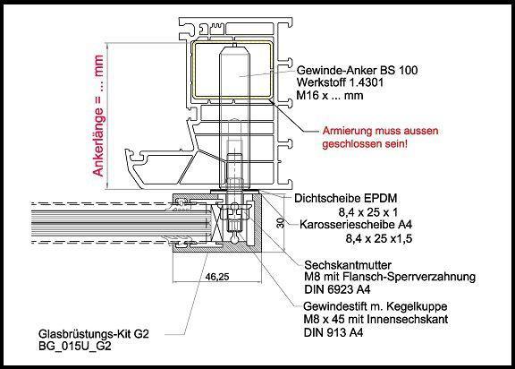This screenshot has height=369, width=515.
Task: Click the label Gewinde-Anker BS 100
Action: [x=357, y=70]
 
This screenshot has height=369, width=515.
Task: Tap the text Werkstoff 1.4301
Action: [x=340, y=82]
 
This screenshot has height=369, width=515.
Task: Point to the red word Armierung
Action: [x=349, y=132]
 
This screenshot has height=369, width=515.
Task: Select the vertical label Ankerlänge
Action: [x=98, y=143]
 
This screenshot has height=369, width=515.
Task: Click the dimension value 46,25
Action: [x=217, y=277]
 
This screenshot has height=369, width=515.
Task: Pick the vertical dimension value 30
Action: [x=280, y=223]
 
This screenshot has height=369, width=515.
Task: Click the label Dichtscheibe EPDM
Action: [x=346, y=198]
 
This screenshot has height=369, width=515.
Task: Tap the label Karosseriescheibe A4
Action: [x=356, y=225]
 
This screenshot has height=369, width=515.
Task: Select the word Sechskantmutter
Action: [x=348, y=265]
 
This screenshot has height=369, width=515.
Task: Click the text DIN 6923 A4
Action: [x=337, y=290]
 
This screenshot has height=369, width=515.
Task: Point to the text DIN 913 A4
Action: [x=333, y=333]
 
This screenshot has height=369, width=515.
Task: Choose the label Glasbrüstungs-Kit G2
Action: [x=94, y=334]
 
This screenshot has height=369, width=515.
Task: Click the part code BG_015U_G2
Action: [x=74, y=347]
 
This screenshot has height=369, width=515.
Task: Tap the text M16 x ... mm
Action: [x=330, y=96]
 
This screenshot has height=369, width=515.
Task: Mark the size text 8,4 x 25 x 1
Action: [x=368, y=213]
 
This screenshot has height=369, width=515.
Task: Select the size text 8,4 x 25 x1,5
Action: [x=379, y=238]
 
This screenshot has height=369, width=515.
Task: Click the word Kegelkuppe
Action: [x=417, y=307]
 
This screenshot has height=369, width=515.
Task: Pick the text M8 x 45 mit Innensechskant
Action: [x=376, y=320]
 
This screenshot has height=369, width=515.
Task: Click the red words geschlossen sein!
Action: [x=365, y=144]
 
